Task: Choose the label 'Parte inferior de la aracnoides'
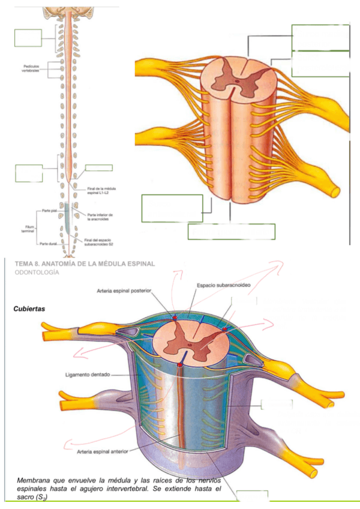(x=100, y=217)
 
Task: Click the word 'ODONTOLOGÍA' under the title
(x=36, y=273)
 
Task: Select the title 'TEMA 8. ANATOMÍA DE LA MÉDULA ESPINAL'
(x=84, y=264)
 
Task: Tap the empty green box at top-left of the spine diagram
(x=28, y=37)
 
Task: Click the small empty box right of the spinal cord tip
(x=98, y=167)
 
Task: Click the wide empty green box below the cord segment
(x=231, y=232)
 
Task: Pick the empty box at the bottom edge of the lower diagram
(x=251, y=496)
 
